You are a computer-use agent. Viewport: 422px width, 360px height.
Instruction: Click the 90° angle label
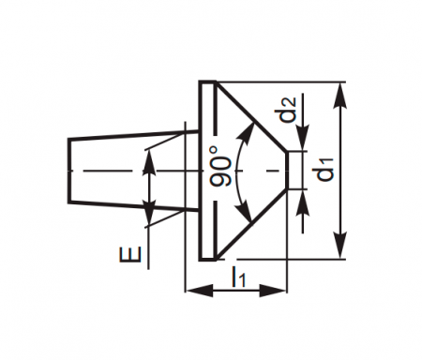point(221,166)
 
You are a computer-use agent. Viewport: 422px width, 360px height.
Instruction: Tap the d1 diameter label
point(325,170)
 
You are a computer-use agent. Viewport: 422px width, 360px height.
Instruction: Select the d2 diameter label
point(288,110)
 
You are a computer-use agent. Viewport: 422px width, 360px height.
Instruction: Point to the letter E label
point(130,254)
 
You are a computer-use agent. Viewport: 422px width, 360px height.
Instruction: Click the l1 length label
point(238,277)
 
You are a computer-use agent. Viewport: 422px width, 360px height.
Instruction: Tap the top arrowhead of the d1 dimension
point(339,96)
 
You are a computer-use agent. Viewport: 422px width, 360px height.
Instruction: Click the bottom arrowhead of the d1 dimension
point(339,246)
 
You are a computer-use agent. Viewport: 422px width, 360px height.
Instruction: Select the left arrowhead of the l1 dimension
point(200,291)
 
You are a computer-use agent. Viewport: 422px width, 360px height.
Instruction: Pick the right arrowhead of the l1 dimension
point(273,291)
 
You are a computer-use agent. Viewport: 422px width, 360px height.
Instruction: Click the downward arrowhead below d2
point(303,137)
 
